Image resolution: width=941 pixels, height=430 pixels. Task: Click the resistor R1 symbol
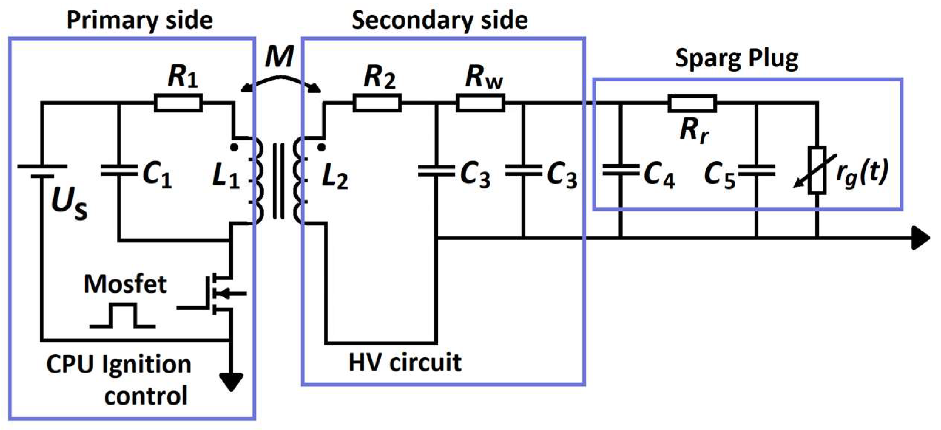point(178,103)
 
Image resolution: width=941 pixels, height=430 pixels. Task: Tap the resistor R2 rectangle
point(377,103)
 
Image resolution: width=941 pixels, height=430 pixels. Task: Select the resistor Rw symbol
point(480,103)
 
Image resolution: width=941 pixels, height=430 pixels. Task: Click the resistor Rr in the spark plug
point(692,103)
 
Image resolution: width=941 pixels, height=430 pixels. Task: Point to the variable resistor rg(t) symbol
point(817,170)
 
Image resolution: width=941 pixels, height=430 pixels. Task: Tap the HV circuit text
point(405,362)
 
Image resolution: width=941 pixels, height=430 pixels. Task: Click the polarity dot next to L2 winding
point(321,148)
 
